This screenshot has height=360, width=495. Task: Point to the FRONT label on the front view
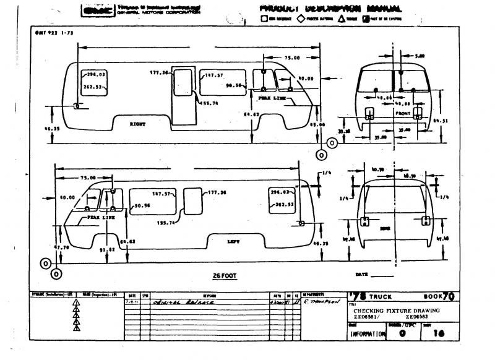click(403, 114)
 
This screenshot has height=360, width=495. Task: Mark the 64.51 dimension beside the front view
click(440, 121)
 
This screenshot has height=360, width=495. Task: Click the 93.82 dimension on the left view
click(108, 249)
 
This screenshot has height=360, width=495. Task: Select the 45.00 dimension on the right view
click(317, 125)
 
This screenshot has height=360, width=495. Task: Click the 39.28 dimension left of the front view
click(345, 131)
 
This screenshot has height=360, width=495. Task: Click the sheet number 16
click(440, 334)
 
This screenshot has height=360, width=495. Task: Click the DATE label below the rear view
click(362, 274)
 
